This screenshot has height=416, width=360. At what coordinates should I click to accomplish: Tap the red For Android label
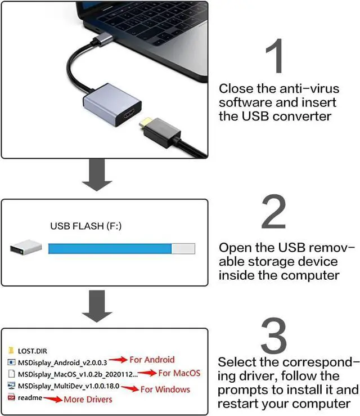click(x=152, y=360)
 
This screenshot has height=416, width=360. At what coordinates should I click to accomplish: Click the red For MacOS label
click(x=179, y=373)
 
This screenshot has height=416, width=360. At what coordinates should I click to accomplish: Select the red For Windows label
click(x=165, y=389)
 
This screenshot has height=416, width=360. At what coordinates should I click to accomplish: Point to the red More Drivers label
click(x=87, y=399)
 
